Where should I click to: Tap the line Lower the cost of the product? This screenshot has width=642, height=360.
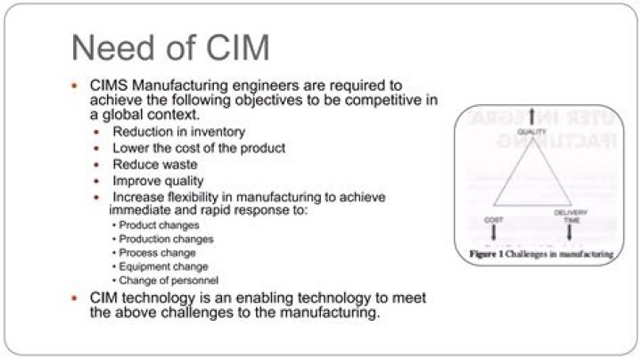click(199, 148)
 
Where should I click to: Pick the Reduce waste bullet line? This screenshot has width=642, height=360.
click(155, 165)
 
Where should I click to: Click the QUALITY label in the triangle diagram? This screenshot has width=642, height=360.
click(531, 132)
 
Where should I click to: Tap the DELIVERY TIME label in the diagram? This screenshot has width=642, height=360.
click(570, 216)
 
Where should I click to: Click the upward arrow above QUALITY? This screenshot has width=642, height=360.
click(532, 116)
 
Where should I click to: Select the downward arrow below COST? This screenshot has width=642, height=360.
click(494, 233)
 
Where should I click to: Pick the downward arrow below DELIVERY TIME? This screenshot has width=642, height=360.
click(570, 233)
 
